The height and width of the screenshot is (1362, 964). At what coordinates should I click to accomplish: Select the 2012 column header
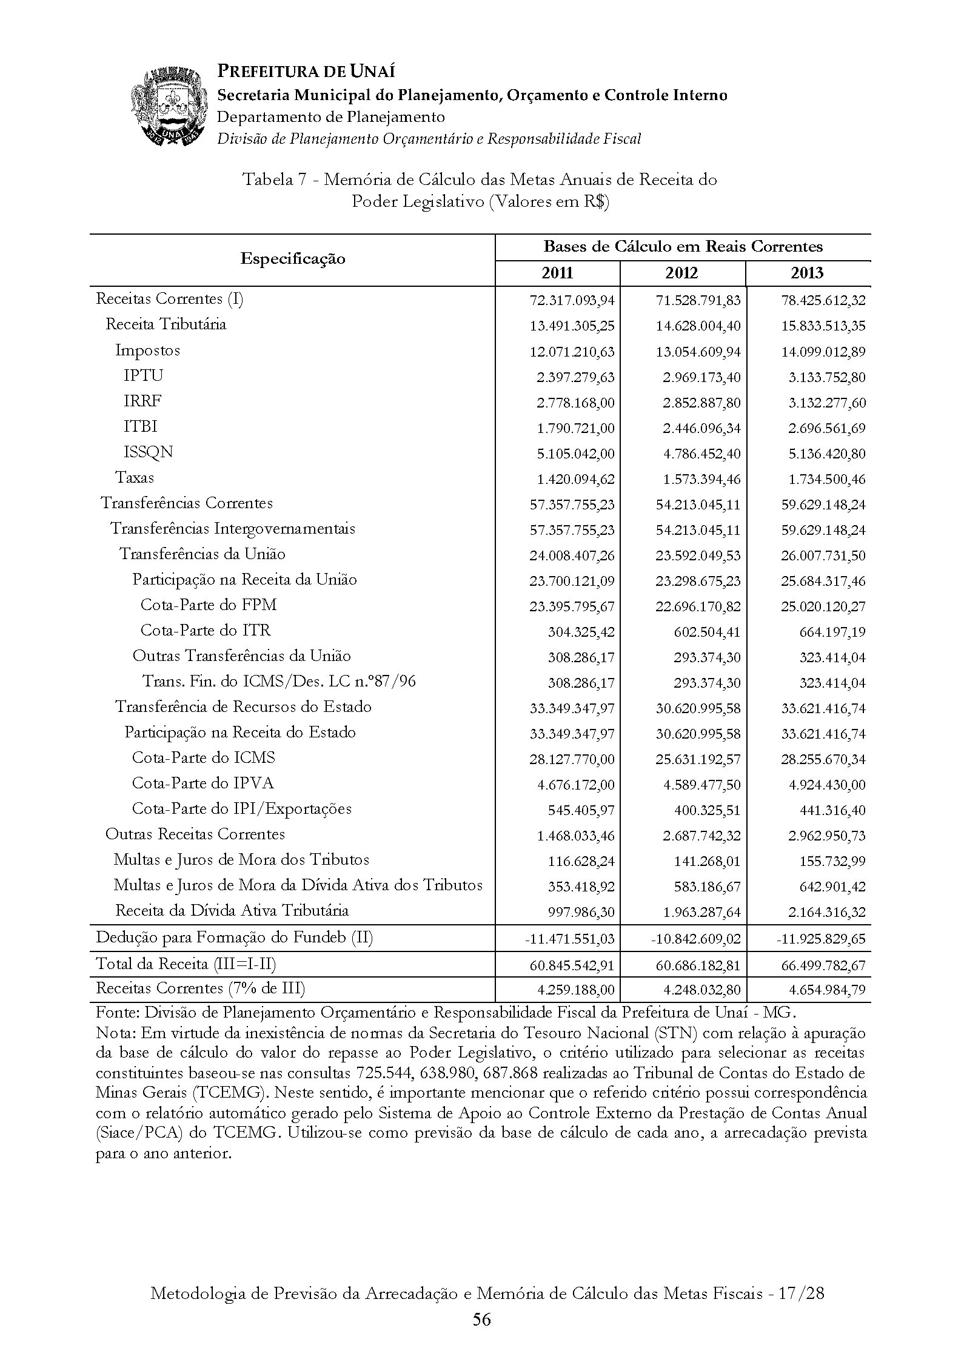pyautogui.click(x=682, y=273)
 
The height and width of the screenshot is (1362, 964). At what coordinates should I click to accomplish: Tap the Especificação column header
pyautogui.click(x=292, y=260)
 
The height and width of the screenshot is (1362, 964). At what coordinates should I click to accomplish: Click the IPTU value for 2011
pyautogui.click(x=575, y=377)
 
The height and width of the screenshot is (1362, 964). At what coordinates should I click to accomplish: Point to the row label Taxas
pyautogui.click(x=135, y=478)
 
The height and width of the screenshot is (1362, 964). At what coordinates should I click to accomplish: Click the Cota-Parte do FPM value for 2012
pyautogui.click(x=698, y=606)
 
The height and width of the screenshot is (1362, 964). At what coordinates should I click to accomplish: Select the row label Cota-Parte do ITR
pyautogui.click(x=206, y=631)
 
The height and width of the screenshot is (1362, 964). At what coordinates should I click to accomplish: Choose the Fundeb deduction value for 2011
pyautogui.click(x=569, y=939)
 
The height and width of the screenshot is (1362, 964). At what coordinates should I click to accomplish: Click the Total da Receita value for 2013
pyautogui.click(x=823, y=965)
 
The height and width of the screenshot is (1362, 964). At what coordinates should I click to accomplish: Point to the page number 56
pyautogui.click(x=482, y=1320)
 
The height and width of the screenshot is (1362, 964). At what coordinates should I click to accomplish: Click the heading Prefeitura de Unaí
pyautogui.click(x=306, y=72)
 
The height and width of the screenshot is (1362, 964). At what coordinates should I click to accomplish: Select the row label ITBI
pyautogui.click(x=141, y=427)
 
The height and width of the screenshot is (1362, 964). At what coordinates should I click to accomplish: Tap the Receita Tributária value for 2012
pyautogui.click(x=698, y=326)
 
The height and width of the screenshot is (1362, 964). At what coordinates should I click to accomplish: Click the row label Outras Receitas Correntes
pyautogui.click(x=195, y=834)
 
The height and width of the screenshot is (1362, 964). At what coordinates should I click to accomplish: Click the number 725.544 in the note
pyautogui.click(x=386, y=1073)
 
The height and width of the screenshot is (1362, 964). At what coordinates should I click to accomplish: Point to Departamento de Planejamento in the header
pyautogui.click(x=331, y=117)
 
